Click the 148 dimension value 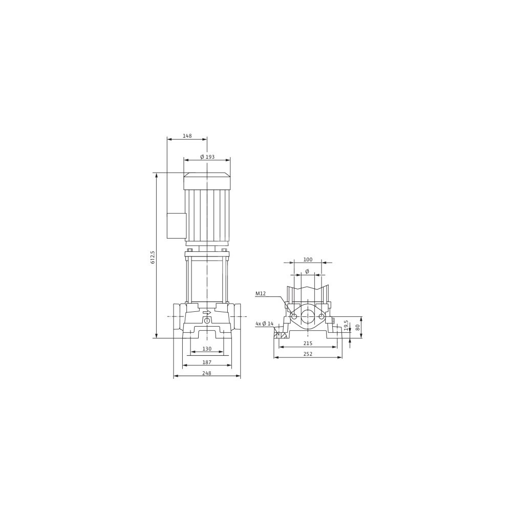point(187,136)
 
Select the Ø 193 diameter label point(207,157)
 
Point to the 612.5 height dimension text point(153,258)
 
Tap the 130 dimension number point(207,349)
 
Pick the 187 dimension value point(207,362)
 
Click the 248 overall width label point(207,373)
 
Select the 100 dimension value point(308,260)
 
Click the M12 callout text point(261,293)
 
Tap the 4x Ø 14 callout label point(265,324)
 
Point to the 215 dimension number point(308,343)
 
